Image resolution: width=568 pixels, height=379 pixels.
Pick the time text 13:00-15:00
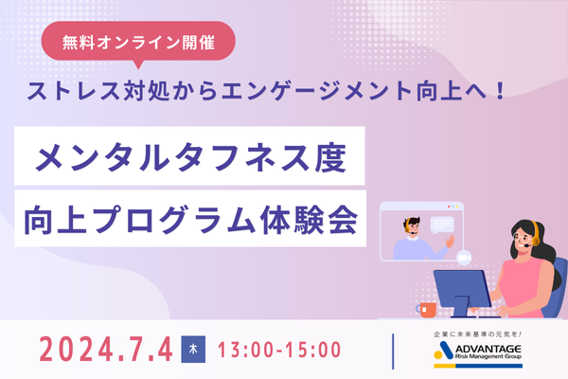(x=279, y=349)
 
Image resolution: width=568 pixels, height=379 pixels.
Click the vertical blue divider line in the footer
(x=391, y=349)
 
